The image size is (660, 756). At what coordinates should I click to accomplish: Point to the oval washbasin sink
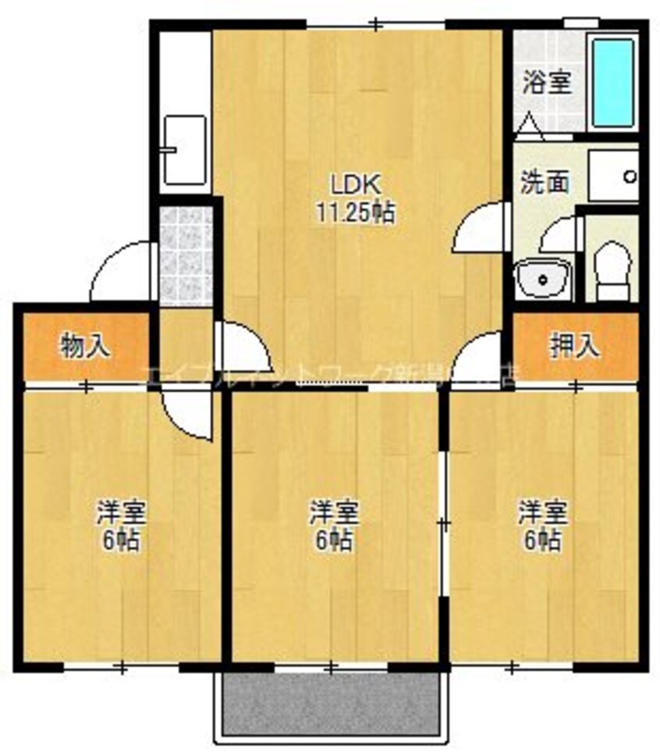[543, 277]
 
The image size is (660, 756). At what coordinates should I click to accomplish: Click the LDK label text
[355, 185]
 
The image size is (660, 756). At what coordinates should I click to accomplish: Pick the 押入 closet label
[577, 346]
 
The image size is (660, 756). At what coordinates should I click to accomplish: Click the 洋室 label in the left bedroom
[121, 514]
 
